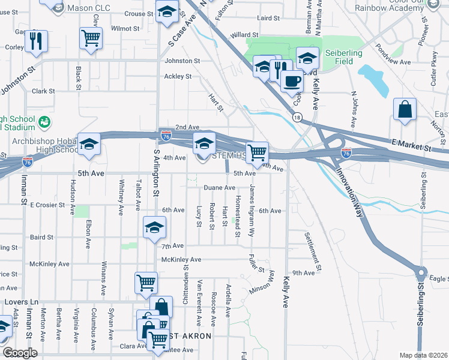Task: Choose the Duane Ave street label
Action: point(219,188)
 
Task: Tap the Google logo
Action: point(20,353)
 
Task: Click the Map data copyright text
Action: point(424,355)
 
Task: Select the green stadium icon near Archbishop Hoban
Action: point(44,122)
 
